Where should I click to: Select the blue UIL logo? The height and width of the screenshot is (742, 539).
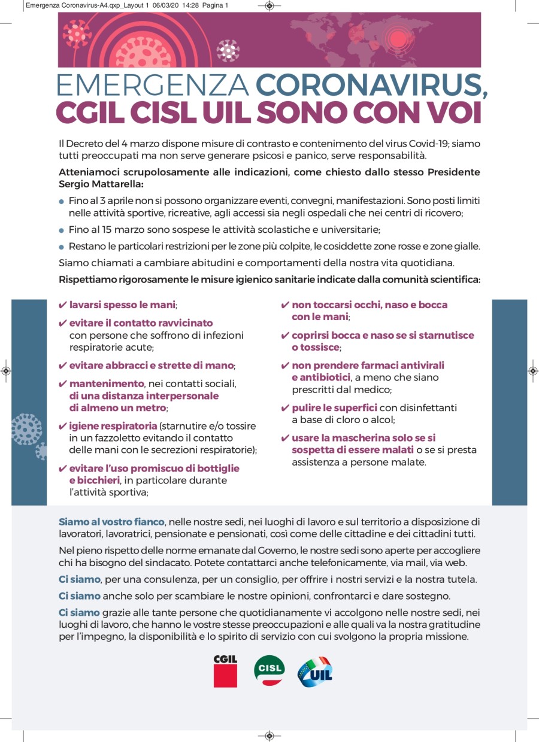(316, 671)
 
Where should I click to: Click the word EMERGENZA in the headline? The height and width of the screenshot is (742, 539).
(152, 86)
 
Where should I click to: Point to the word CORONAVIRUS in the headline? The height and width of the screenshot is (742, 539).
(371, 86)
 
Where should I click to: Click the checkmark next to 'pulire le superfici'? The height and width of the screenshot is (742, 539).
(285, 408)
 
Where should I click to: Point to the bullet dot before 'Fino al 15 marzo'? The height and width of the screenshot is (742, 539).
(62, 230)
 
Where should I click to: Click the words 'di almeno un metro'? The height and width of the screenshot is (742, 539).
(117, 408)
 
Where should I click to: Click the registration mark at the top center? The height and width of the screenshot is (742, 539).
(269, 6)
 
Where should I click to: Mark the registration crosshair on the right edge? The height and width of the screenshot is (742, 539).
(533, 371)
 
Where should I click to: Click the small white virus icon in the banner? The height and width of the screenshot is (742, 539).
(228, 50)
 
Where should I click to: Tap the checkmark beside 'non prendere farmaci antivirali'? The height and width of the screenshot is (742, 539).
(285, 366)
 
